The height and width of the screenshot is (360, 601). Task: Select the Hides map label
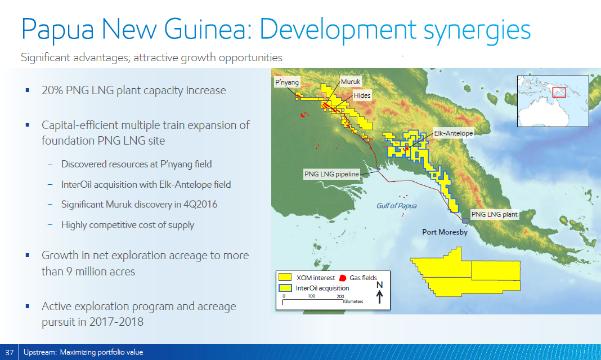point(363,96)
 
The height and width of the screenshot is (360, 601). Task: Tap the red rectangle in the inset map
point(559,92)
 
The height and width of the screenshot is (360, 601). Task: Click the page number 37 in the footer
point(9,352)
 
